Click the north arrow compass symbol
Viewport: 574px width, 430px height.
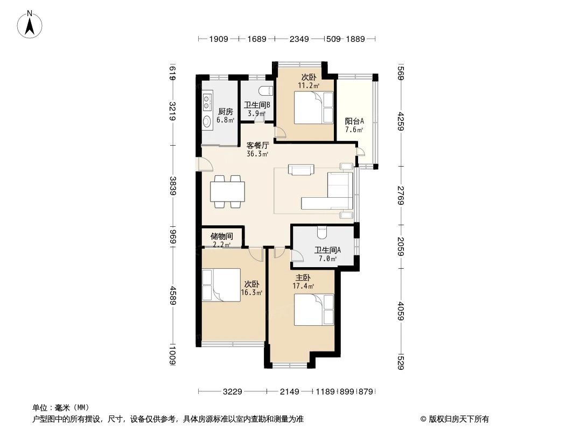(x=30, y=24)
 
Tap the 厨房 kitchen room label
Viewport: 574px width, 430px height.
(x=225, y=111)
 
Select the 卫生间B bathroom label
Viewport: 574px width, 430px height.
(x=257, y=105)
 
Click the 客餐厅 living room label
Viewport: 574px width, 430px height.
(x=258, y=146)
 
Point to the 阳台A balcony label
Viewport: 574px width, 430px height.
(x=354, y=121)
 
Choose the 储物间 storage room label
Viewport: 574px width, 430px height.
(x=222, y=236)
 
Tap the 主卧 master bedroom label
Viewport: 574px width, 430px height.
(x=303, y=278)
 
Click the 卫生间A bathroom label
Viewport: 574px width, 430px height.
(x=327, y=250)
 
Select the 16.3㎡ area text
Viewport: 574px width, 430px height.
(x=252, y=292)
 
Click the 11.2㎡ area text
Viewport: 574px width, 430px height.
(x=309, y=86)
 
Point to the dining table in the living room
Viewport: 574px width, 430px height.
(x=227, y=191)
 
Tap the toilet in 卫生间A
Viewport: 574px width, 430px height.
(x=322, y=232)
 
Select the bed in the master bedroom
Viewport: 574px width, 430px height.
(x=314, y=310)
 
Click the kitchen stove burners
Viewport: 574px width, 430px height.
(x=207, y=102)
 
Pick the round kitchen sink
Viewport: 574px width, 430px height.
(x=207, y=121)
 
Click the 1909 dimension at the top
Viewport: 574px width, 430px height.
(x=219, y=39)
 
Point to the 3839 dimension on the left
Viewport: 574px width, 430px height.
(x=173, y=186)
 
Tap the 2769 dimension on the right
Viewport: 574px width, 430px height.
(x=401, y=196)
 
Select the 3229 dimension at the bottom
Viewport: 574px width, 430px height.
(x=233, y=392)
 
